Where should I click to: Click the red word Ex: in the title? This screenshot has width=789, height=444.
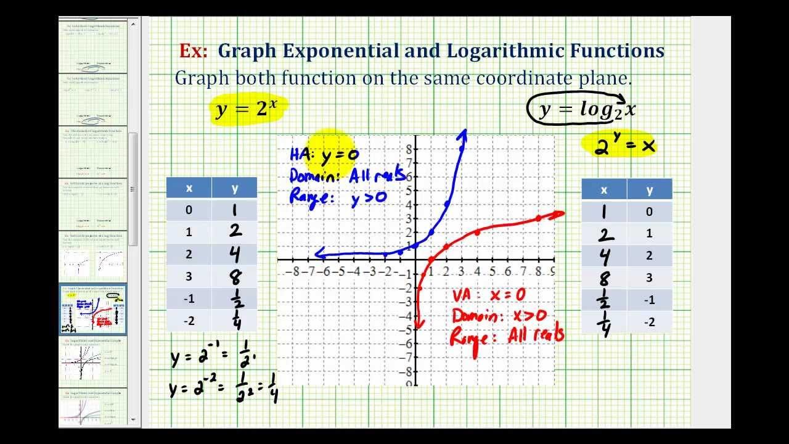[193, 51]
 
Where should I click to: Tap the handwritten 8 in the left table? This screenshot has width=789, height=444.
[234, 276]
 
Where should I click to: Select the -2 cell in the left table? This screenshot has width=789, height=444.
[189, 321]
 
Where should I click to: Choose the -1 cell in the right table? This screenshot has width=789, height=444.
[649, 300]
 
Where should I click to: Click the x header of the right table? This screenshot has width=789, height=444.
[604, 190]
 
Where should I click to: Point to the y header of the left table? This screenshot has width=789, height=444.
[234, 188]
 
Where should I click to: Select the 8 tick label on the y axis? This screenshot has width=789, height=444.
[407, 149]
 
